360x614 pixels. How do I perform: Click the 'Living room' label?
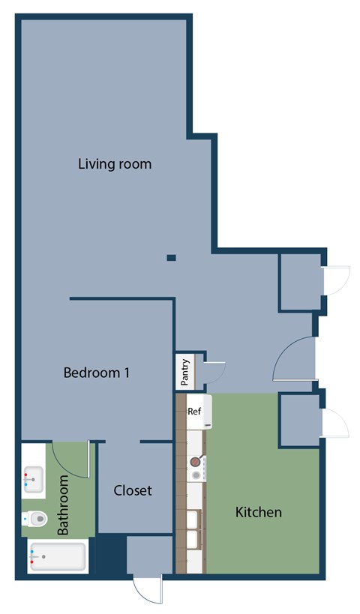coord(115,163)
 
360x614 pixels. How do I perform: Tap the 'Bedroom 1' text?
coord(96,372)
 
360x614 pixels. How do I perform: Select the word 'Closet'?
coord(133,490)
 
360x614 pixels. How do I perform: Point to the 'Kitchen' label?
coord(259,512)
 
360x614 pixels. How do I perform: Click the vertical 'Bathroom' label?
coord(64,505)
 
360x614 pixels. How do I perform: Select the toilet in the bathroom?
coord(34,517)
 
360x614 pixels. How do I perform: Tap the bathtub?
coord(57,556)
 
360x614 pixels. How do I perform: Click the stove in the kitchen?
coord(196,469)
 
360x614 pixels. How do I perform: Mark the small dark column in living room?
coord(171,258)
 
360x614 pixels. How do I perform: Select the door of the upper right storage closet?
coord(334,281)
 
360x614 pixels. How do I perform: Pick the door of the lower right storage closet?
coord(334,424)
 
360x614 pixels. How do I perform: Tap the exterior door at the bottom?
coord(147,588)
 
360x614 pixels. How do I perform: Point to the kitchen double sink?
coord(193,529)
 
